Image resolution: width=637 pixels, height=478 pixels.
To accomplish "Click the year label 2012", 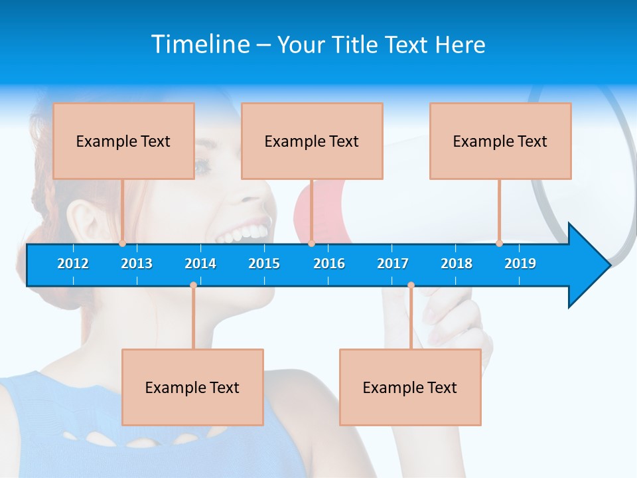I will tap(73, 264).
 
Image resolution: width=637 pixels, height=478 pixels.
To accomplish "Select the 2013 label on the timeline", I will tap(137, 264).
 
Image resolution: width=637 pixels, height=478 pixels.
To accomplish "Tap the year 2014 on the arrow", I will tap(200, 264).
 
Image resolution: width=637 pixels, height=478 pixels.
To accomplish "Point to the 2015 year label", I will tap(264, 264).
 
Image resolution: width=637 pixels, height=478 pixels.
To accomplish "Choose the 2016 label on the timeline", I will tap(329, 264).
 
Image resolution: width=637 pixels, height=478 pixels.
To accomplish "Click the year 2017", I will tap(393, 264).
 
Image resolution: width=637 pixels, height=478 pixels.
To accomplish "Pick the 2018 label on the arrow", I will tap(457, 264).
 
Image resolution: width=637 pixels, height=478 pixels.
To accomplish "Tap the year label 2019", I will tap(520, 264).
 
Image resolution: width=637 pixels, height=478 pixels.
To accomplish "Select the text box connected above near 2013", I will tap(123, 141).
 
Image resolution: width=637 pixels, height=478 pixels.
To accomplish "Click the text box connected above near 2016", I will tap(312, 141).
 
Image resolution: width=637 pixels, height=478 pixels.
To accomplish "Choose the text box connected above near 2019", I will tap(500, 141).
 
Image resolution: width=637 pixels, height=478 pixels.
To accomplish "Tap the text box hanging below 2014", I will tap(192, 387).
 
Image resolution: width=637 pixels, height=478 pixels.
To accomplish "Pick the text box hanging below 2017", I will tap(410, 387).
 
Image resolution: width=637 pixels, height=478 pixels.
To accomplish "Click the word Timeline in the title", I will tap(200, 44).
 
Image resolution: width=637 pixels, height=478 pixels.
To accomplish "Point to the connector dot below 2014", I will tap(193, 285).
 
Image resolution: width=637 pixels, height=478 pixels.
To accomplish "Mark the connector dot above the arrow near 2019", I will tap(499, 243).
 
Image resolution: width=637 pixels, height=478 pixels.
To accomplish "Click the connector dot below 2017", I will tap(411, 285).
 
